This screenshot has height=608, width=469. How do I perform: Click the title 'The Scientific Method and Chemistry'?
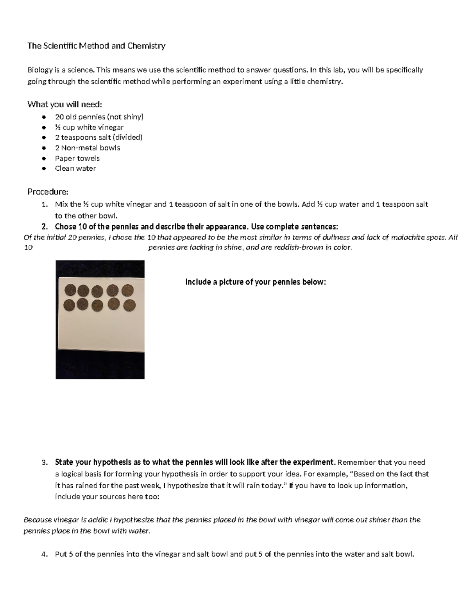96,46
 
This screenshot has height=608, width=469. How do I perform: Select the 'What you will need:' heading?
64,104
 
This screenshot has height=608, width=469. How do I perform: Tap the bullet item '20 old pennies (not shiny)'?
99,117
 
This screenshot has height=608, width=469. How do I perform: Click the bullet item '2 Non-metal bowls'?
87,148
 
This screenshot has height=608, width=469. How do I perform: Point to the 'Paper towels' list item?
77,158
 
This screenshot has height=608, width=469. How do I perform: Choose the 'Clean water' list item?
75,168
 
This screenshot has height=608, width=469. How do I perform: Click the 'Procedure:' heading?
48,191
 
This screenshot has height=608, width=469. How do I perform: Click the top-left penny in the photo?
70,290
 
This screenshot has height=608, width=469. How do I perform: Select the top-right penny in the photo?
127,290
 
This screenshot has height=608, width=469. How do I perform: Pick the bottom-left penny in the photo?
70,305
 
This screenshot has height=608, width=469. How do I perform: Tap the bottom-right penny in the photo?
129,305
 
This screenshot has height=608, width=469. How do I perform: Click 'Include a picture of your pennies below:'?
255,282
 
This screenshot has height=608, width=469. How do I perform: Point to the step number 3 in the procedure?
44,462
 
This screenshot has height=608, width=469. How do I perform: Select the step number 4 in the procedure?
44,554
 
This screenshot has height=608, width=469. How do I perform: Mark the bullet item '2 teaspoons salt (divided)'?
98,137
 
